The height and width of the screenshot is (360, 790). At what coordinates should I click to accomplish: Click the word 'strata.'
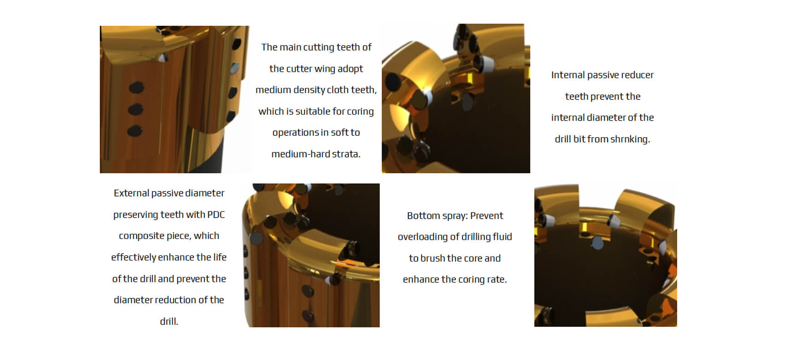click(x=345, y=154)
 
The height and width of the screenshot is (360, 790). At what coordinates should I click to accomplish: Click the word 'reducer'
click(x=637, y=75)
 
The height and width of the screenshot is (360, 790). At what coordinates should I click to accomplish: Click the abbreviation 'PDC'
click(x=216, y=215)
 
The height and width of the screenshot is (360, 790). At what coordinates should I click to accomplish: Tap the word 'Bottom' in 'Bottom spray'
click(x=422, y=215)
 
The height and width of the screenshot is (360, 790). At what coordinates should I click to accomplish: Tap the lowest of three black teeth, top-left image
click(x=134, y=131)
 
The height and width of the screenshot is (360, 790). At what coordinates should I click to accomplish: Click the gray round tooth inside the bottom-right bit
click(x=598, y=243)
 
